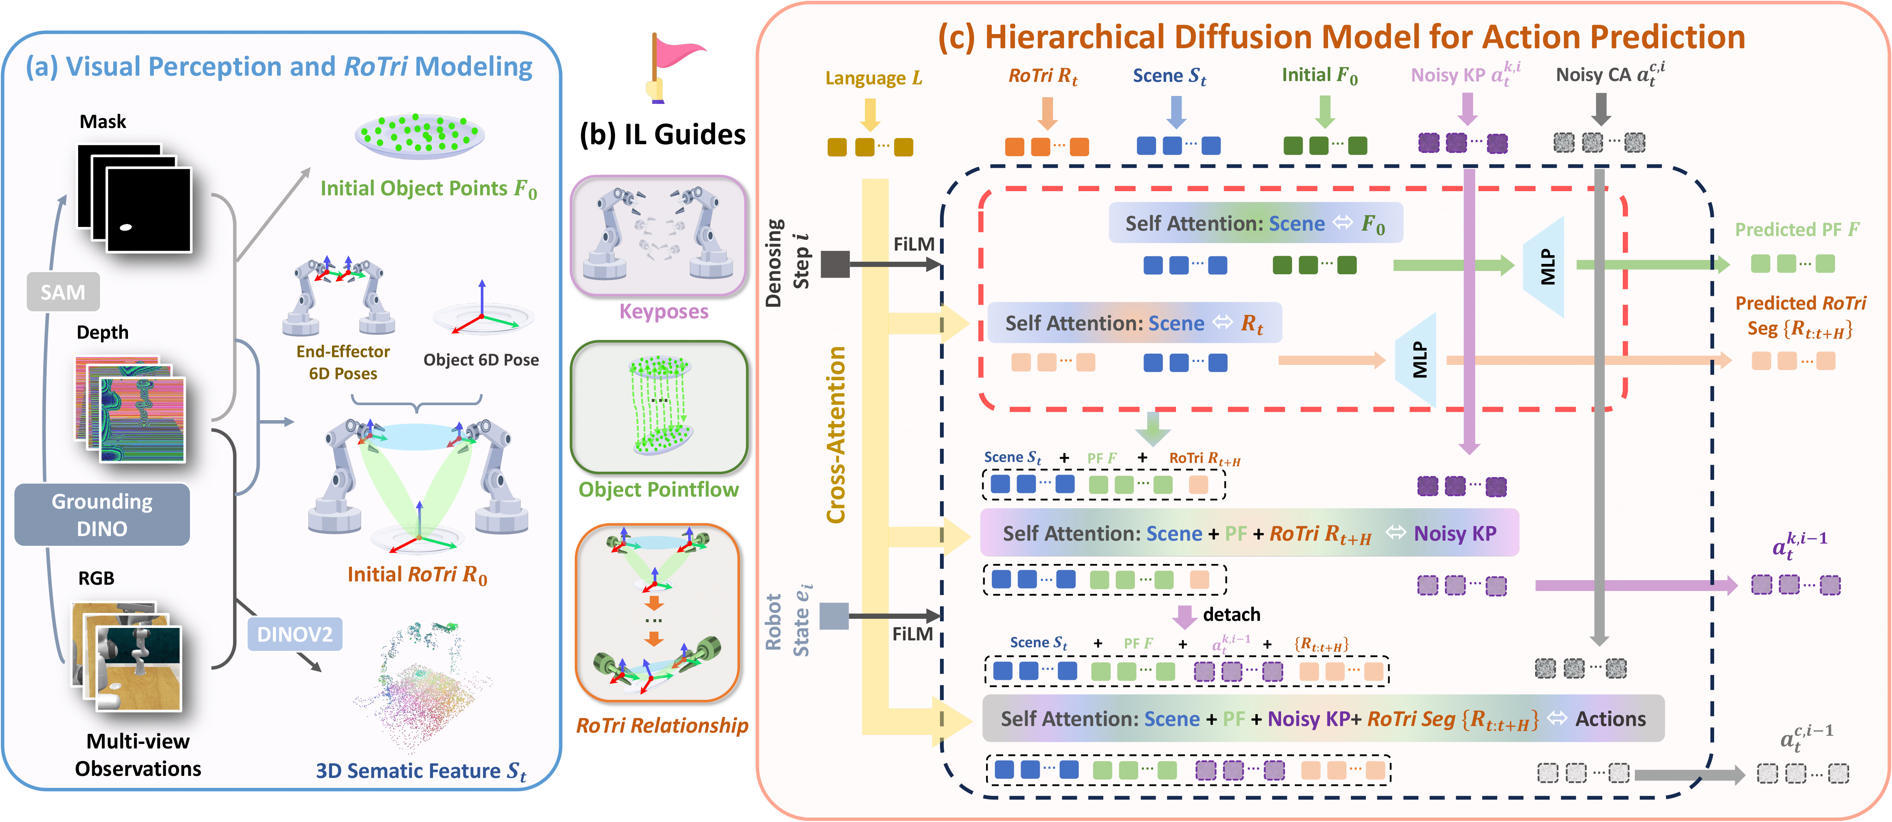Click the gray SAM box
click(x=62, y=293)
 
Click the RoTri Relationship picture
click(x=657, y=612)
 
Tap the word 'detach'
click(x=1231, y=615)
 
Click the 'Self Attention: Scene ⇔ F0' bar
click(x=1255, y=223)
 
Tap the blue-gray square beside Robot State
click(x=834, y=615)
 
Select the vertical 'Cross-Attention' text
click(x=836, y=435)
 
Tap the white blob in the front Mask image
click(x=125, y=227)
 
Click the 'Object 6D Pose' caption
click(x=481, y=360)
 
